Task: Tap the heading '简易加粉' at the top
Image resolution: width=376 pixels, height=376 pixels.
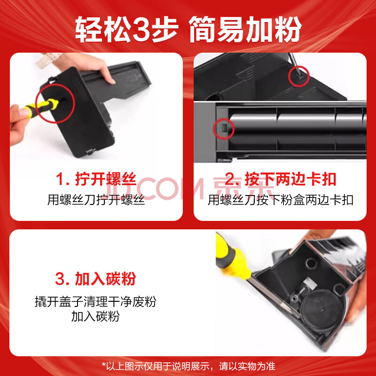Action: pos(245,29)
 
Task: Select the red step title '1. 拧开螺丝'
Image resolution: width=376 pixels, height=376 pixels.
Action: pos(96,179)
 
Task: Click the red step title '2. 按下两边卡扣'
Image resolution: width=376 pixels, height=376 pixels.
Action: pos(281,179)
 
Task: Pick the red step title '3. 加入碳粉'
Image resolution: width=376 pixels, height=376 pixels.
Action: pos(95,278)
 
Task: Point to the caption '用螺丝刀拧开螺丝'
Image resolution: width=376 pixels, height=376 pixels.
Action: pos(96,200)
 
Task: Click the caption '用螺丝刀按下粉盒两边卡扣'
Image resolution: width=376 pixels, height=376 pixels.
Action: pos(280,200)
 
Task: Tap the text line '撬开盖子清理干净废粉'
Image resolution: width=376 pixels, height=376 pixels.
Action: pos(95,301)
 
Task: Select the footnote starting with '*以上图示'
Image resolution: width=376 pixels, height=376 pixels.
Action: pos(188,366)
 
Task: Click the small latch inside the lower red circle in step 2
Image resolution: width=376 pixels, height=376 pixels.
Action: pos(224,128)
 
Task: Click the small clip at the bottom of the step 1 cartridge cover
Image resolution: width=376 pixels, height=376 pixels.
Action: pos(90,151)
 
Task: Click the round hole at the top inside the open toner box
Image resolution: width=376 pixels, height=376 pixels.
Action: pos(311,263)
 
